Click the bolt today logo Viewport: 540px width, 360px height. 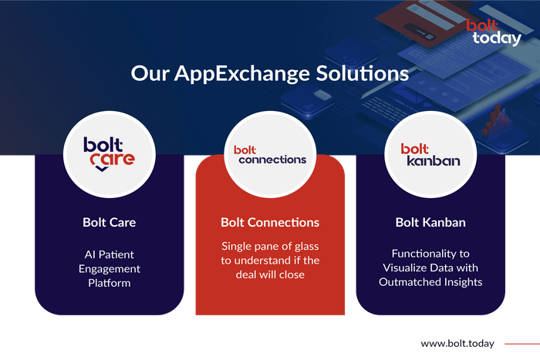click(494, 32)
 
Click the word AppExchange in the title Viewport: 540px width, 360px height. click(242, 74)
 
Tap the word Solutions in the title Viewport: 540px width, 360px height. click(363, 73)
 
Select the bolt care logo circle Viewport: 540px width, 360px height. click(110, 154)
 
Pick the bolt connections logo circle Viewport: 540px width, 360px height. click(270, 154)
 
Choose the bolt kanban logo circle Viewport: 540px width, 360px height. click(430, 154)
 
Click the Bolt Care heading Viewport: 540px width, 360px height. click(110, 222)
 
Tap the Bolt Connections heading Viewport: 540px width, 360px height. click(270, 222)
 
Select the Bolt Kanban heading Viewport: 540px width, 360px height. click(430, 222)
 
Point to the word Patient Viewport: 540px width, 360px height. click(116, 254)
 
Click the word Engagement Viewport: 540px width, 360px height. click(110, 269)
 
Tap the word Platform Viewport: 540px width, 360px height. click(110, 283)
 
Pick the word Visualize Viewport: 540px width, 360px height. click(405, 267)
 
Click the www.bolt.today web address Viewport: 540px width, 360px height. click(457, 344)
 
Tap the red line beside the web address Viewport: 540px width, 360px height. click(522, 344)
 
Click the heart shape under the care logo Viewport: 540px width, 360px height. click(102, 168)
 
